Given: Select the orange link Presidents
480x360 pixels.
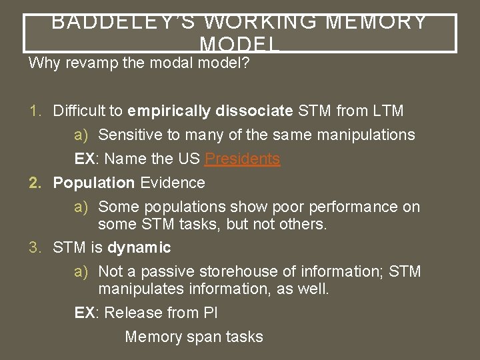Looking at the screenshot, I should click(243, 159).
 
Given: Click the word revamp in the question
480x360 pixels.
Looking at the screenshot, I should click(85, 65).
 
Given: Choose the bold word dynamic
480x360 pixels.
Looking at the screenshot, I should click(139, 248).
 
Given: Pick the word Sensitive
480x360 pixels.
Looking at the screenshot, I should click(130, 135).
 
